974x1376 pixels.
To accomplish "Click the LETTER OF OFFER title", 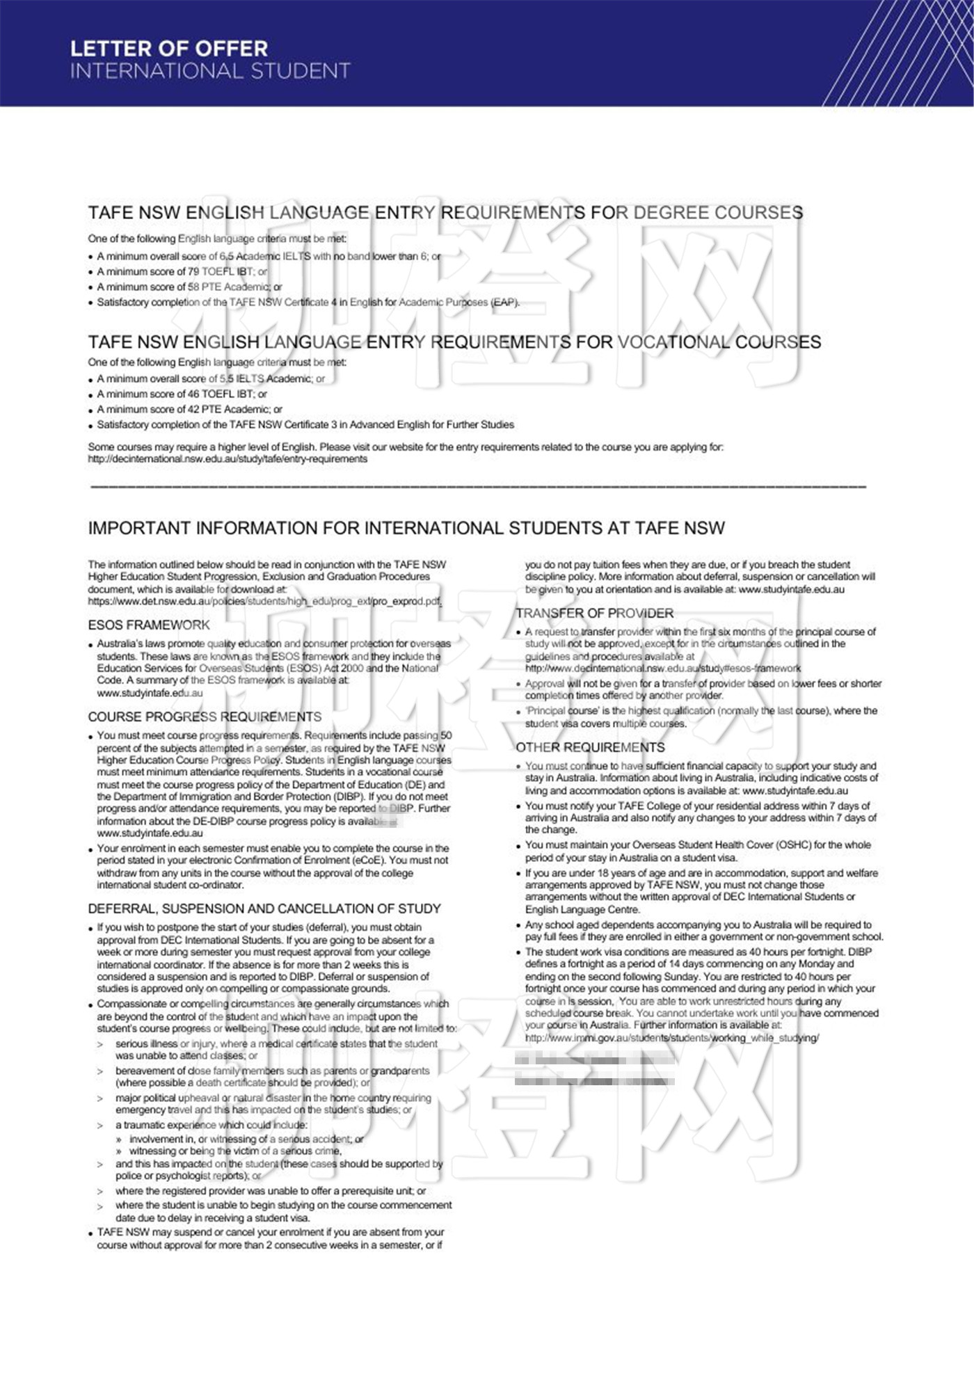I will (169, 49).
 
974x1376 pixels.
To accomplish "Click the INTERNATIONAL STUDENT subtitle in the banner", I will (210, 71).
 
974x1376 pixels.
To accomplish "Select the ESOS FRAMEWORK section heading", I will (149, 625).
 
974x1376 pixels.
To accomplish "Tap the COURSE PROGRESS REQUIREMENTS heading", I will (205, 717).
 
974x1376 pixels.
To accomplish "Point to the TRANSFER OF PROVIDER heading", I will (594, 613).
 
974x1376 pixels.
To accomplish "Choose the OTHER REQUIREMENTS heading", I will (590, 747).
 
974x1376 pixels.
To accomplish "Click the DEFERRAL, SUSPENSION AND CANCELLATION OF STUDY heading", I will (264, 909).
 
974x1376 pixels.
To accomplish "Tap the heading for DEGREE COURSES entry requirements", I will (445, 212).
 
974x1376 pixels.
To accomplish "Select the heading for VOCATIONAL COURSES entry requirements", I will (454, 342).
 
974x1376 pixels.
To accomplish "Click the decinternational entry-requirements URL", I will (227, 459).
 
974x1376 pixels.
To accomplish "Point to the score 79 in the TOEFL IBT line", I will (193, 271).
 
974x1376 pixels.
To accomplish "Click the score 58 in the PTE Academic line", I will (193, 287).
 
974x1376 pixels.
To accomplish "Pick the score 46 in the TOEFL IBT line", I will (193, 394).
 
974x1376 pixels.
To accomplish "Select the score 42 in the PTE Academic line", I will (193, 409).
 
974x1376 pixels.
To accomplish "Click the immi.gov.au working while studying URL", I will (671, 1037).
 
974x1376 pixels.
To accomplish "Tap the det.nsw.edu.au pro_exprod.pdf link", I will (264, 601).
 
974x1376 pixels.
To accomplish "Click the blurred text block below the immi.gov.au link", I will (594, 1070).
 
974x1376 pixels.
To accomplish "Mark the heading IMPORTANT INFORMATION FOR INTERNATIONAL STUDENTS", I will (406, 528).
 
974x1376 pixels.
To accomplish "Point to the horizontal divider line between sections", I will (478, 486).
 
